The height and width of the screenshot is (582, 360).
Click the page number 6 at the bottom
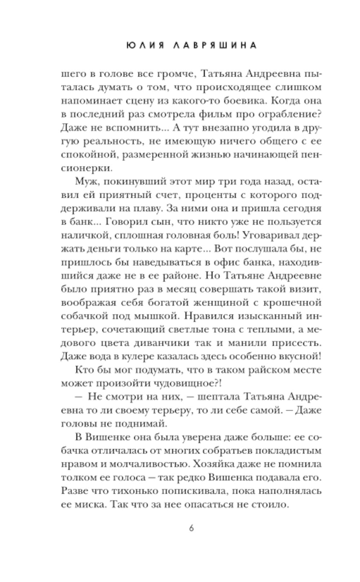(x=191, y=529)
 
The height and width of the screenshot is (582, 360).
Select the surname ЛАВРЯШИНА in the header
(x=213, y=45)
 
